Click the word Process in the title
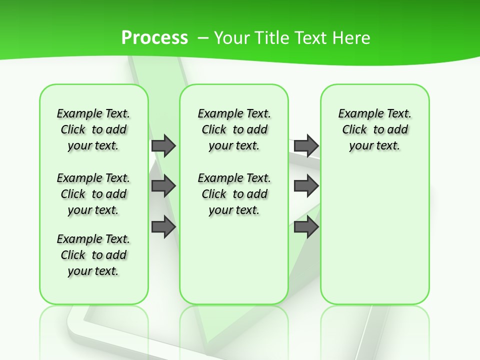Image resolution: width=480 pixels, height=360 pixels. pos(154,37)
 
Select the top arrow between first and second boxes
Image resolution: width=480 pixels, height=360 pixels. pos(163,145)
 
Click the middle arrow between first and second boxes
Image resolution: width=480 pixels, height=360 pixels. pos(163,186)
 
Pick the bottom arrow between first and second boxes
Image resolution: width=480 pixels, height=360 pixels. pos(163,227)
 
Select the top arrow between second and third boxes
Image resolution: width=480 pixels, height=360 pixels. pos(306,145)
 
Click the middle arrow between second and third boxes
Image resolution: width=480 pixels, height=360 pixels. pos(306,186)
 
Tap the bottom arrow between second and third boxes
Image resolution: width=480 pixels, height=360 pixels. pos(306,227)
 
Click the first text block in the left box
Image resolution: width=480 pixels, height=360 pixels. pos(93,129)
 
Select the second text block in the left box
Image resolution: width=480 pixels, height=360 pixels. pos(93,194)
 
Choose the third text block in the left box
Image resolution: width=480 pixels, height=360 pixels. pos(93,255)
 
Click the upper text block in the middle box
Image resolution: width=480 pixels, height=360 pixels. pos(234,129)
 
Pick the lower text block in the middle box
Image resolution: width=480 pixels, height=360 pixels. pos(234,194)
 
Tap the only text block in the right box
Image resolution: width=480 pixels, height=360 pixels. pos(374,129)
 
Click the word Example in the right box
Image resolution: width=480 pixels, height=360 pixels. pos(357,114)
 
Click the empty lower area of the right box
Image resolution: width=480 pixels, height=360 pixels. pos(374,240)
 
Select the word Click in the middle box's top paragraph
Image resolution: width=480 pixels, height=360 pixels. pos(214,130)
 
